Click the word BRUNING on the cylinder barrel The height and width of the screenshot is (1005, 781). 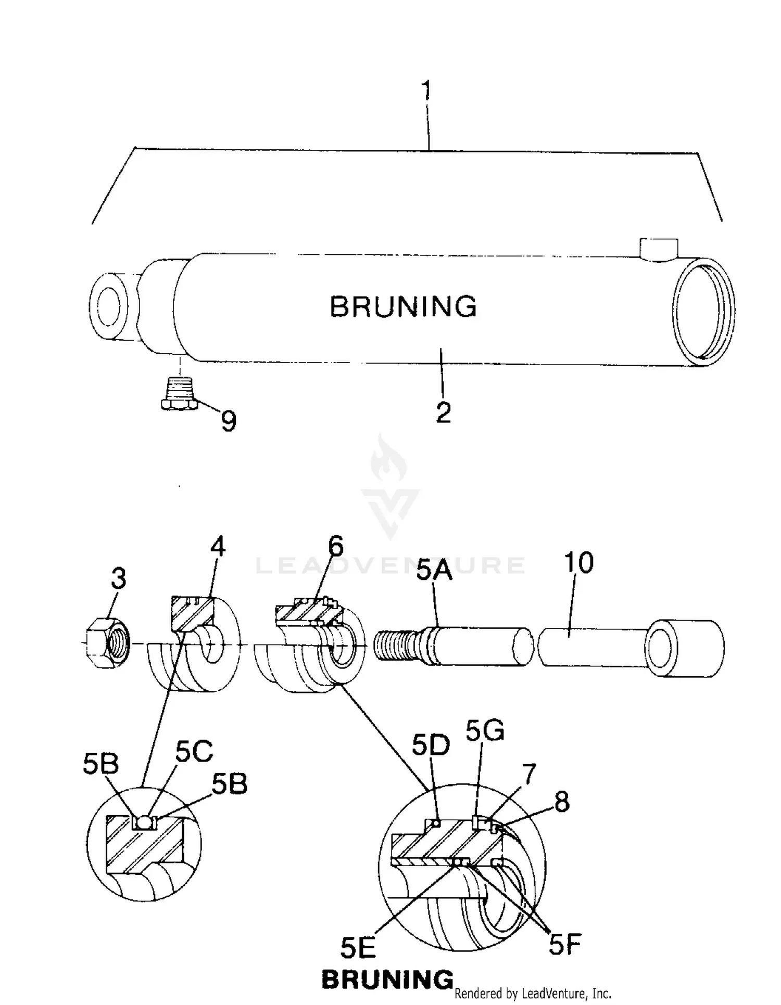404,306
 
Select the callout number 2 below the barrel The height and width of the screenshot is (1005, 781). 443,413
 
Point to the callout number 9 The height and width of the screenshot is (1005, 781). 229,421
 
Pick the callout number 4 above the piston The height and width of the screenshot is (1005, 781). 218,547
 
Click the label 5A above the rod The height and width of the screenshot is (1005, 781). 434,570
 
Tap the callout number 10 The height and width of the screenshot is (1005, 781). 578,563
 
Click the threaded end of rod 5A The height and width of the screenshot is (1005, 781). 396,646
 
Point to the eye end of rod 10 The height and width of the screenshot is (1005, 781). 685,648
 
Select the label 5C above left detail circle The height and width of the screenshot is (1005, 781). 194,752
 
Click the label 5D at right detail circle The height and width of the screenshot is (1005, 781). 431,746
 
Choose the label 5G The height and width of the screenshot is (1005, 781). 485,731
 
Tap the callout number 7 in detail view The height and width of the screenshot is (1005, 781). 528,775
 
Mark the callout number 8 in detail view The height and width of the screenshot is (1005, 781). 562,802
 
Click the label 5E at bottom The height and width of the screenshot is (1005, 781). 358,948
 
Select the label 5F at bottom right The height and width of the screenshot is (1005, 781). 564,944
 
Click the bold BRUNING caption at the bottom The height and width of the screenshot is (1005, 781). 387,980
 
